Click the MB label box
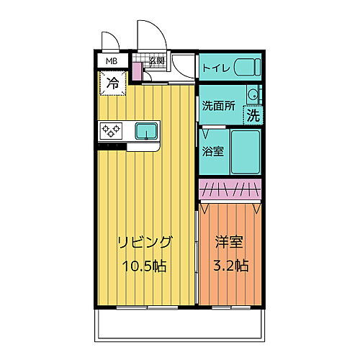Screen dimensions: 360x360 tap(112, 62)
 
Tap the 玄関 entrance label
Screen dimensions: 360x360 tap(157, 61)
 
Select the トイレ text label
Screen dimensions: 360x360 tap(217, 69)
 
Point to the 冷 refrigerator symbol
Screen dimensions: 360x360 tap(113, 83)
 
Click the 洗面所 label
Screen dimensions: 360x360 tap(217, 105)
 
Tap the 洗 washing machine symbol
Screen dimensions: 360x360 tap(253, 114)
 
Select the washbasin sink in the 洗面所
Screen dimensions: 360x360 tap(253, 94)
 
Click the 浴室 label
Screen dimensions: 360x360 tap(213, 152)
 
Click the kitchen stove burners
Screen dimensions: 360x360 tap(112, 130)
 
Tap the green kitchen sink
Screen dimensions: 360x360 tap(147, 130)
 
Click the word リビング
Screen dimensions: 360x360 tap(144, 242)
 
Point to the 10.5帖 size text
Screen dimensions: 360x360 tap(144, 266)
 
